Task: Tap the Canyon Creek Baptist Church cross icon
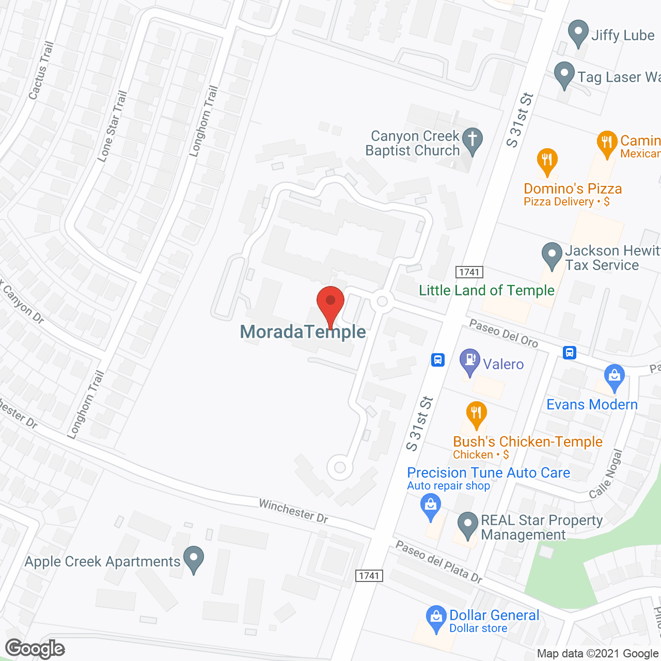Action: [x=472, y=140]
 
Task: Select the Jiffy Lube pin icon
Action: [x=578, y=33]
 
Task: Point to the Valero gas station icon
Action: [x=469, y=361]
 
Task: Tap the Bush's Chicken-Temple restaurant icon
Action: [x=476, y=414]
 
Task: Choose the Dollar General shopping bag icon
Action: [x=436, y=618]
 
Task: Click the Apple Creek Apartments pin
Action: [x=194, y=559]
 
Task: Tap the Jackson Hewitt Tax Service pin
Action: [x=552, y=255]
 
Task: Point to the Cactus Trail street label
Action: [x=41, y=71]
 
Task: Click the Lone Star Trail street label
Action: [x=112, y=126]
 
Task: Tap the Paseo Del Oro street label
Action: [x=503, y=333]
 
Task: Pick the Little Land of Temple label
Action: [x=486, y=290]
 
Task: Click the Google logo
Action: [x=35, y=648]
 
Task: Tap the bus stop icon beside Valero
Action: [x=437, y=360]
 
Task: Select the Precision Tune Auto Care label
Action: [x=489, y=473]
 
